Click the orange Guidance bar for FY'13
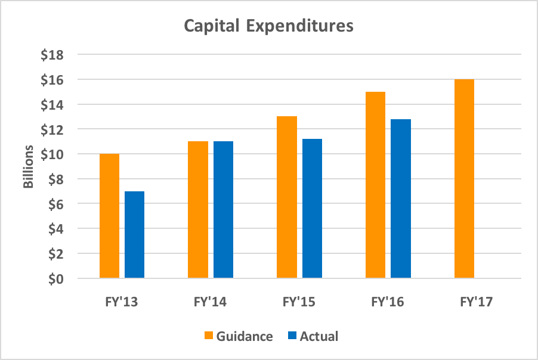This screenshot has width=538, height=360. [109, 216]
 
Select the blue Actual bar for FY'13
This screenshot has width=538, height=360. [134, 235]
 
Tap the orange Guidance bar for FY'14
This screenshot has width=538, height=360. [198, 210]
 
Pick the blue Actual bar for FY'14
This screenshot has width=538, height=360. [223, 210]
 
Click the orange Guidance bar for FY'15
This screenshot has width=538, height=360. [287, 197]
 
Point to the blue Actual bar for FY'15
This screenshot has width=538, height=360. [312, 209]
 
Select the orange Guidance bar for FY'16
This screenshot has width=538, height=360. [375, 185]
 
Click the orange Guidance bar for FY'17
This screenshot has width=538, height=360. [464, 179]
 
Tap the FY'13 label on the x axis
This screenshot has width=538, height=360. [122, 302]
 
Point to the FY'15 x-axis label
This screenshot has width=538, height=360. [299, 302]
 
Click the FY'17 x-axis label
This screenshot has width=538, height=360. [477, 302]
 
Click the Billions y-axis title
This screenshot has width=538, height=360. [28, 166]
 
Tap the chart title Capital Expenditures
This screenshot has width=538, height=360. [268, 26]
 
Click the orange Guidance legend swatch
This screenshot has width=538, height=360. [208, 336]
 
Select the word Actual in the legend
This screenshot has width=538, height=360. [319, 336]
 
